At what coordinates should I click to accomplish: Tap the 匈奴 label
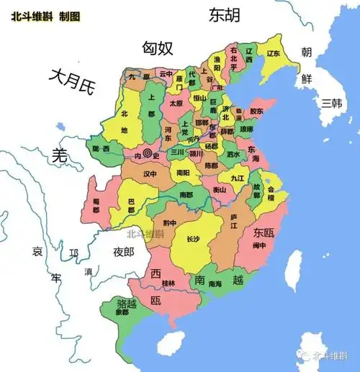tap(158, 48)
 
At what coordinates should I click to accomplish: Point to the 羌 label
tap(60, 155)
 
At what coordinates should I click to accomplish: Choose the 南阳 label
tap(184, 173)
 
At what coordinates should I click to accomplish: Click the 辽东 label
tap(273, 53)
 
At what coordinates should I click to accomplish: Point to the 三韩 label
tap(333, 102)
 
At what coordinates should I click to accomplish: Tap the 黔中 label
tap(170, 222)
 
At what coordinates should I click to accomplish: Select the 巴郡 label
tap(131, 204)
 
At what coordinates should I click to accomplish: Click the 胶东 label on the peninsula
tap(257, 112)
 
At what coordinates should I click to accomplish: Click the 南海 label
tap(215, 284)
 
